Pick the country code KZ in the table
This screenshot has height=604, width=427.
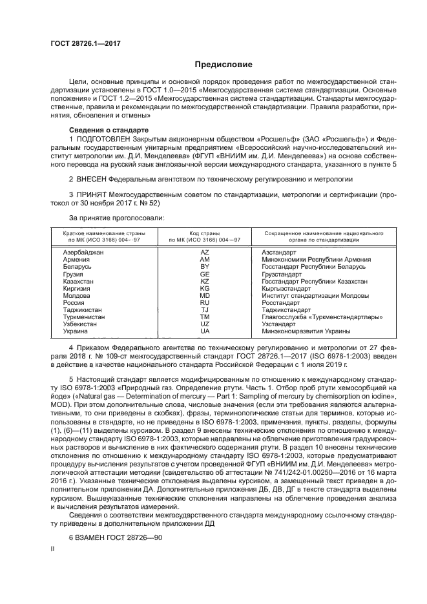pyautogui.click(x=205, y=281)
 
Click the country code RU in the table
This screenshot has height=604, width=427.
pyautogui.click(x=205, y=302)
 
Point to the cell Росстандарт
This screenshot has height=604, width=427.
pyautogui.click(x=281, y=302)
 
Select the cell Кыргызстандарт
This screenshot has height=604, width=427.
pyautogui.click(x=286, y=288)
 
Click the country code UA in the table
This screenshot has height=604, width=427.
pyautogui.click(x=205, y=331)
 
